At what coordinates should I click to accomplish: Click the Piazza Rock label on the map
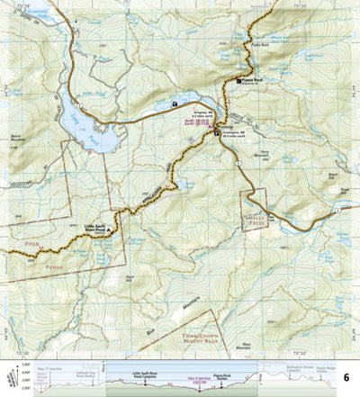tap(251, 80)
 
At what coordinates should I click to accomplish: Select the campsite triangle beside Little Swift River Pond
tap(110, 230)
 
